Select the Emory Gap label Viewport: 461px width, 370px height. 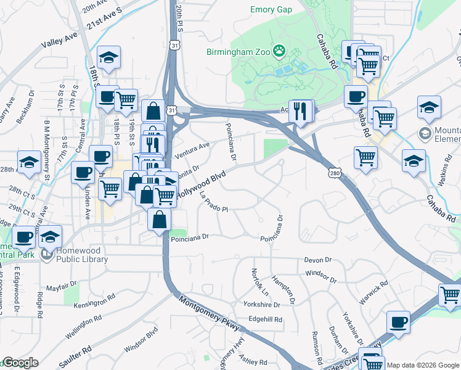(272, 9)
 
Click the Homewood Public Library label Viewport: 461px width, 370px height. (82, 255)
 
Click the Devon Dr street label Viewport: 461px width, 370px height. (318, 261)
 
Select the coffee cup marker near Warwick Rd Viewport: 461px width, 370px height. (398, 321)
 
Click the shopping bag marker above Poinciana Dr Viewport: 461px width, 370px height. (160, 219)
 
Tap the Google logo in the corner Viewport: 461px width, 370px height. (20, 363)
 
